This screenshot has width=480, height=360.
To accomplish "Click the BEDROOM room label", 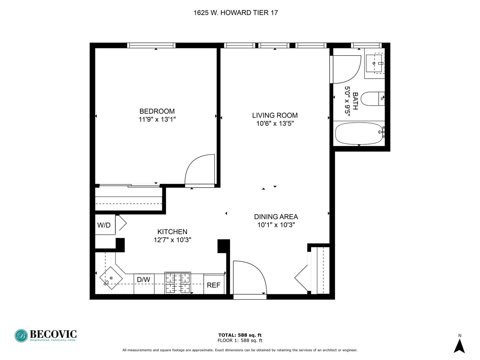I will click(157, 111).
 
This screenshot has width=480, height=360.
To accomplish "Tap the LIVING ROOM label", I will click(275, 115).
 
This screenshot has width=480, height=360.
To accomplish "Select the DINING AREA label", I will click(276, 217).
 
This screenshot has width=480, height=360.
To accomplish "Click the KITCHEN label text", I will click(172, 232).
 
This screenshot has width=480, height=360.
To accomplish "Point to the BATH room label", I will click(355, 101).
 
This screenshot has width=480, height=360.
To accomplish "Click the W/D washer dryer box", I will click(104, 225).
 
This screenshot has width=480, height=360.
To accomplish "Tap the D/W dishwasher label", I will click(144, 280).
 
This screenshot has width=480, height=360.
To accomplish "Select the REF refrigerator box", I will click(214, 285).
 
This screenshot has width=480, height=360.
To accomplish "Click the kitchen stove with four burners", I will click(178, 283).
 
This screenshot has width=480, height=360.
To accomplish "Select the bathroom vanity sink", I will click(374, 63).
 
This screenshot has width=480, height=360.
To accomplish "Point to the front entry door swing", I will click(249, 278).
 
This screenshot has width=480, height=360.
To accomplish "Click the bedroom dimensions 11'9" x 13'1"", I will click(157, 119).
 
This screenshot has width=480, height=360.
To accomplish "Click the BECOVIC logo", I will click(46, 335).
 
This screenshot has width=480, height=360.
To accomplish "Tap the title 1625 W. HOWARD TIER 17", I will click(236, 13).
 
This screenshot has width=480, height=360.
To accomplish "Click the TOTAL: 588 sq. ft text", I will click(240, 335).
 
